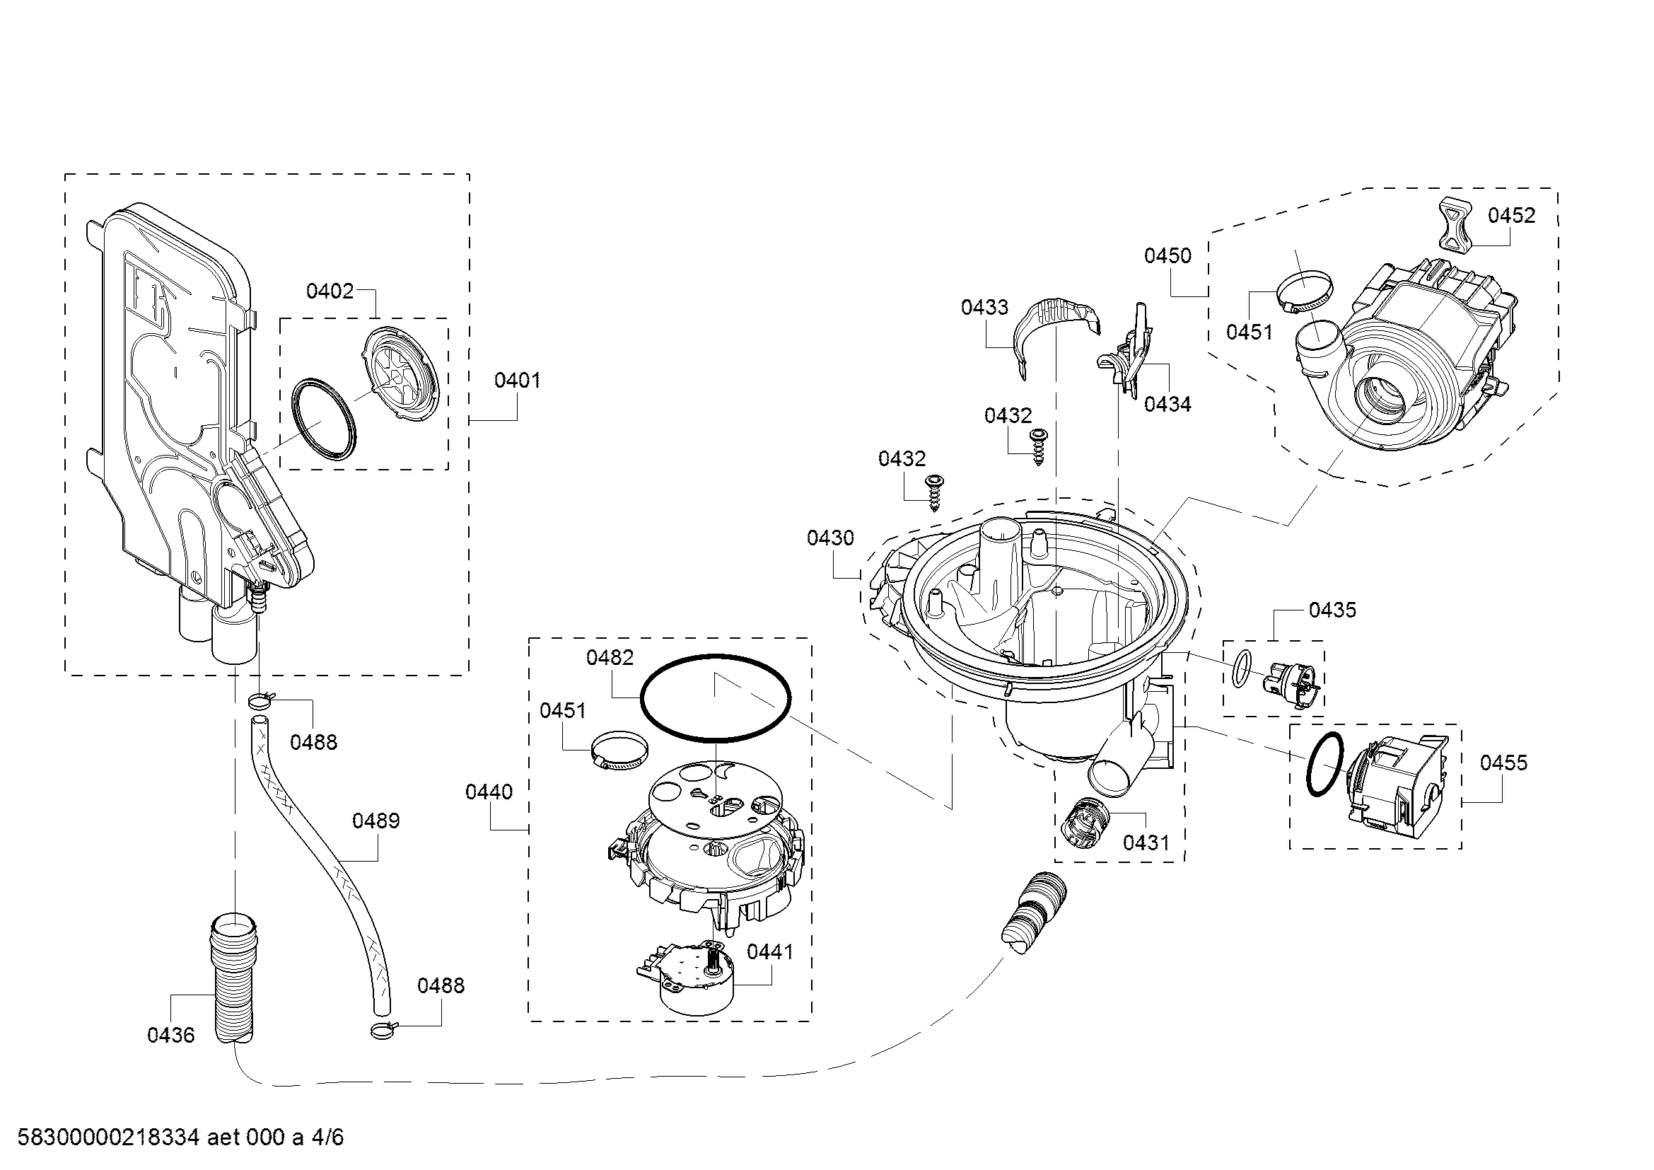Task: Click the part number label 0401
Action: [x=517, y=381]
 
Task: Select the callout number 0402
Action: [x=330, y=291]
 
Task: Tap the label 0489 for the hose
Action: [x=376, y=821]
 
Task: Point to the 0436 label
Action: [x=170, y=1036]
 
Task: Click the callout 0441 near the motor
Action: [x=770, y=951]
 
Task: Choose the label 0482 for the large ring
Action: [x=610, y=657]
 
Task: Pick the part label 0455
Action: [x=1503, y=763]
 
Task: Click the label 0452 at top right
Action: [x=1511, y=216]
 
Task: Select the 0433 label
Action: [x=985, y=308]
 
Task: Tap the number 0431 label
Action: [x=1147, y=842]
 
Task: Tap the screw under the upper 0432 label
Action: [x=1037, y=446]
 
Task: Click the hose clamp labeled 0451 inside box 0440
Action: [x=619, y=749]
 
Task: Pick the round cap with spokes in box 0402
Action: [x=401, y=374]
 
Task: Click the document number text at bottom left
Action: [x=181, y=1137]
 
